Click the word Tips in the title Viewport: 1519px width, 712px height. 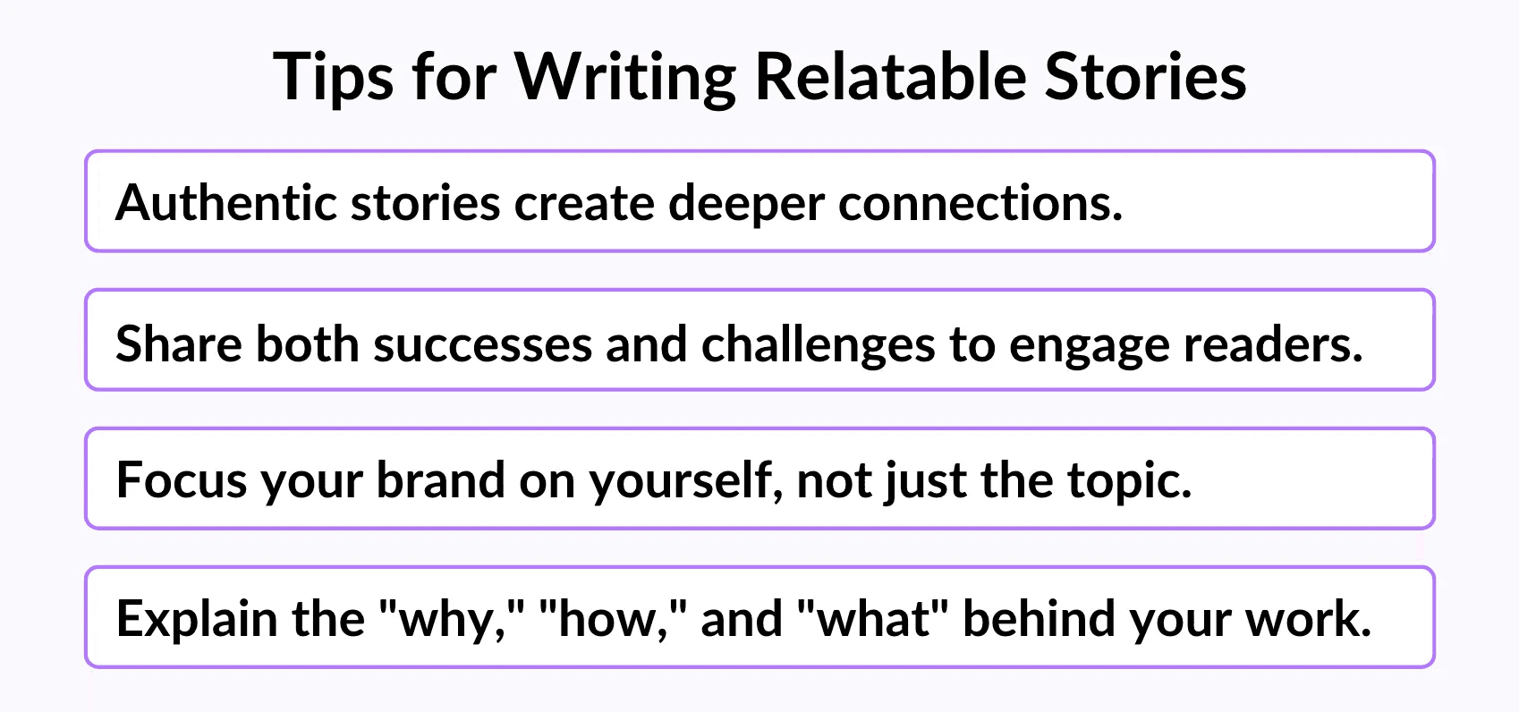tap(333, 77)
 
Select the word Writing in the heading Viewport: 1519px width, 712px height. tap(624, 77)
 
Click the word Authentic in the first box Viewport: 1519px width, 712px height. tap(225, 202)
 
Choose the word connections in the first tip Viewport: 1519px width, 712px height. tap(980, 203)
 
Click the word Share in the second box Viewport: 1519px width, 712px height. tap(178, 343)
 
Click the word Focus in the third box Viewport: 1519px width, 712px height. tap(181, 480)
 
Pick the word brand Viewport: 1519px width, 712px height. tap(441, 479)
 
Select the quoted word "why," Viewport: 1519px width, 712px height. tap(453, 619)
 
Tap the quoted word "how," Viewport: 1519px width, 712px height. tap(614, 618)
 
